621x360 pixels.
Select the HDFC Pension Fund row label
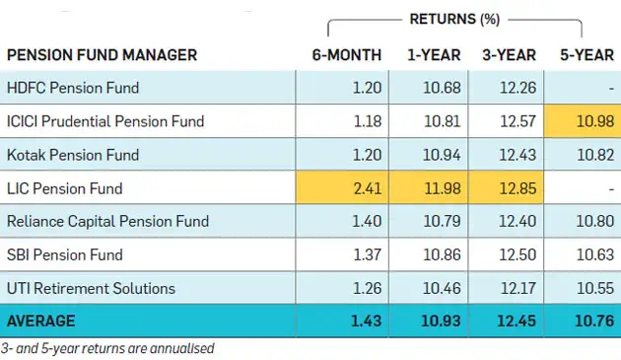[73, 88]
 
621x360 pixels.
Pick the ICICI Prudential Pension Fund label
[105, 121]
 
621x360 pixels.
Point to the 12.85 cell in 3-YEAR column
[517, 188]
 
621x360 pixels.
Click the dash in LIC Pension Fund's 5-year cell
[610, 188]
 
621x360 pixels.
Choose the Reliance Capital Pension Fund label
[107, 222]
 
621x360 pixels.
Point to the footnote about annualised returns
[107, 348]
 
